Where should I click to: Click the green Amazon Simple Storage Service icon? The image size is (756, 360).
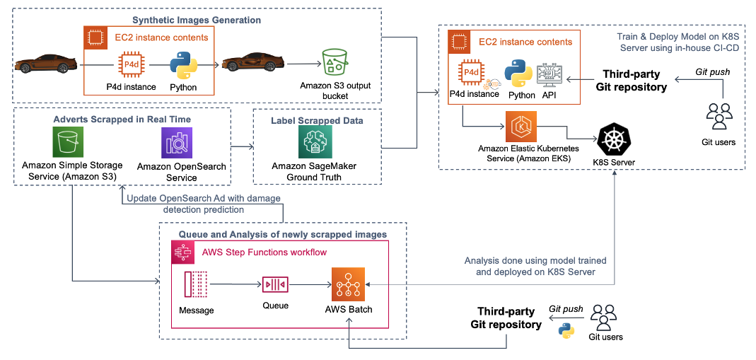click(69, 144)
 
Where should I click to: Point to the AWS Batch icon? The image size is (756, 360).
click(348, 285)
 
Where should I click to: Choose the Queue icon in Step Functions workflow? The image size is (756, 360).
click(275, 285)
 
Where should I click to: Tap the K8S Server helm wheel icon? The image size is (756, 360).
click(614, 139)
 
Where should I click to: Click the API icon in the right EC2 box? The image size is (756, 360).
click(549, 75)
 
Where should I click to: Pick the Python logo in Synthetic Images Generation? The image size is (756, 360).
click(183, 66)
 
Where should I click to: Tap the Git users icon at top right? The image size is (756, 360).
click(719, 116)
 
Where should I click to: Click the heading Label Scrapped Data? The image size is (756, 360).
click(316, 120)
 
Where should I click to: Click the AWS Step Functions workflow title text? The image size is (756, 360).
click(264, 252)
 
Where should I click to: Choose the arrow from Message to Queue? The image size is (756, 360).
click(235, 285)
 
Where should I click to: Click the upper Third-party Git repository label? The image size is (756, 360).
click(634, 81)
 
